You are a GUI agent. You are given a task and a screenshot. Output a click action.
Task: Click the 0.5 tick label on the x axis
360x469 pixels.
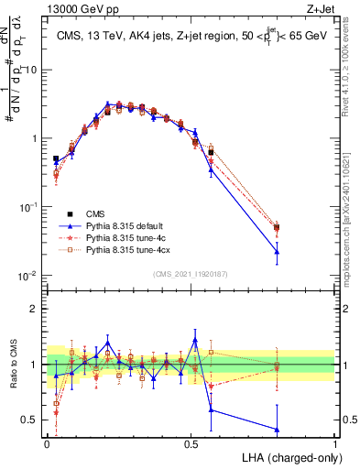pyautogui.click(x=191, y=443)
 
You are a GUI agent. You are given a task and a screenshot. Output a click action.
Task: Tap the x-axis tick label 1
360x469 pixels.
pyautogui.click(x=335, y=443)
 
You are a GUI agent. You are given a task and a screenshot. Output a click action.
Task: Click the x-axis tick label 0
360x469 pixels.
pyautogui.click(x=47, y=443)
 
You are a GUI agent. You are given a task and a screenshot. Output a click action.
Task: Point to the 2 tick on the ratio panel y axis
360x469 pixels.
pyautogui.click(x=37, y=309)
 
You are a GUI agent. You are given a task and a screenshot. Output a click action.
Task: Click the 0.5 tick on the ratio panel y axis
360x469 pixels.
pyautogui.click(x=32, y=420)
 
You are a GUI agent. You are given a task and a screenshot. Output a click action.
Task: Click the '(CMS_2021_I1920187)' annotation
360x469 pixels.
pyautogui.click(x=191, y=273)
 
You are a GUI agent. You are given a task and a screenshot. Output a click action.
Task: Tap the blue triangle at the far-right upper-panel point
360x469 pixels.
pyautogui.click(x=277, y=251)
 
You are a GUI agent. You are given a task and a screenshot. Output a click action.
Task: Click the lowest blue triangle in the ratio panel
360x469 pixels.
pyautogui.click(x=277, y=430)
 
